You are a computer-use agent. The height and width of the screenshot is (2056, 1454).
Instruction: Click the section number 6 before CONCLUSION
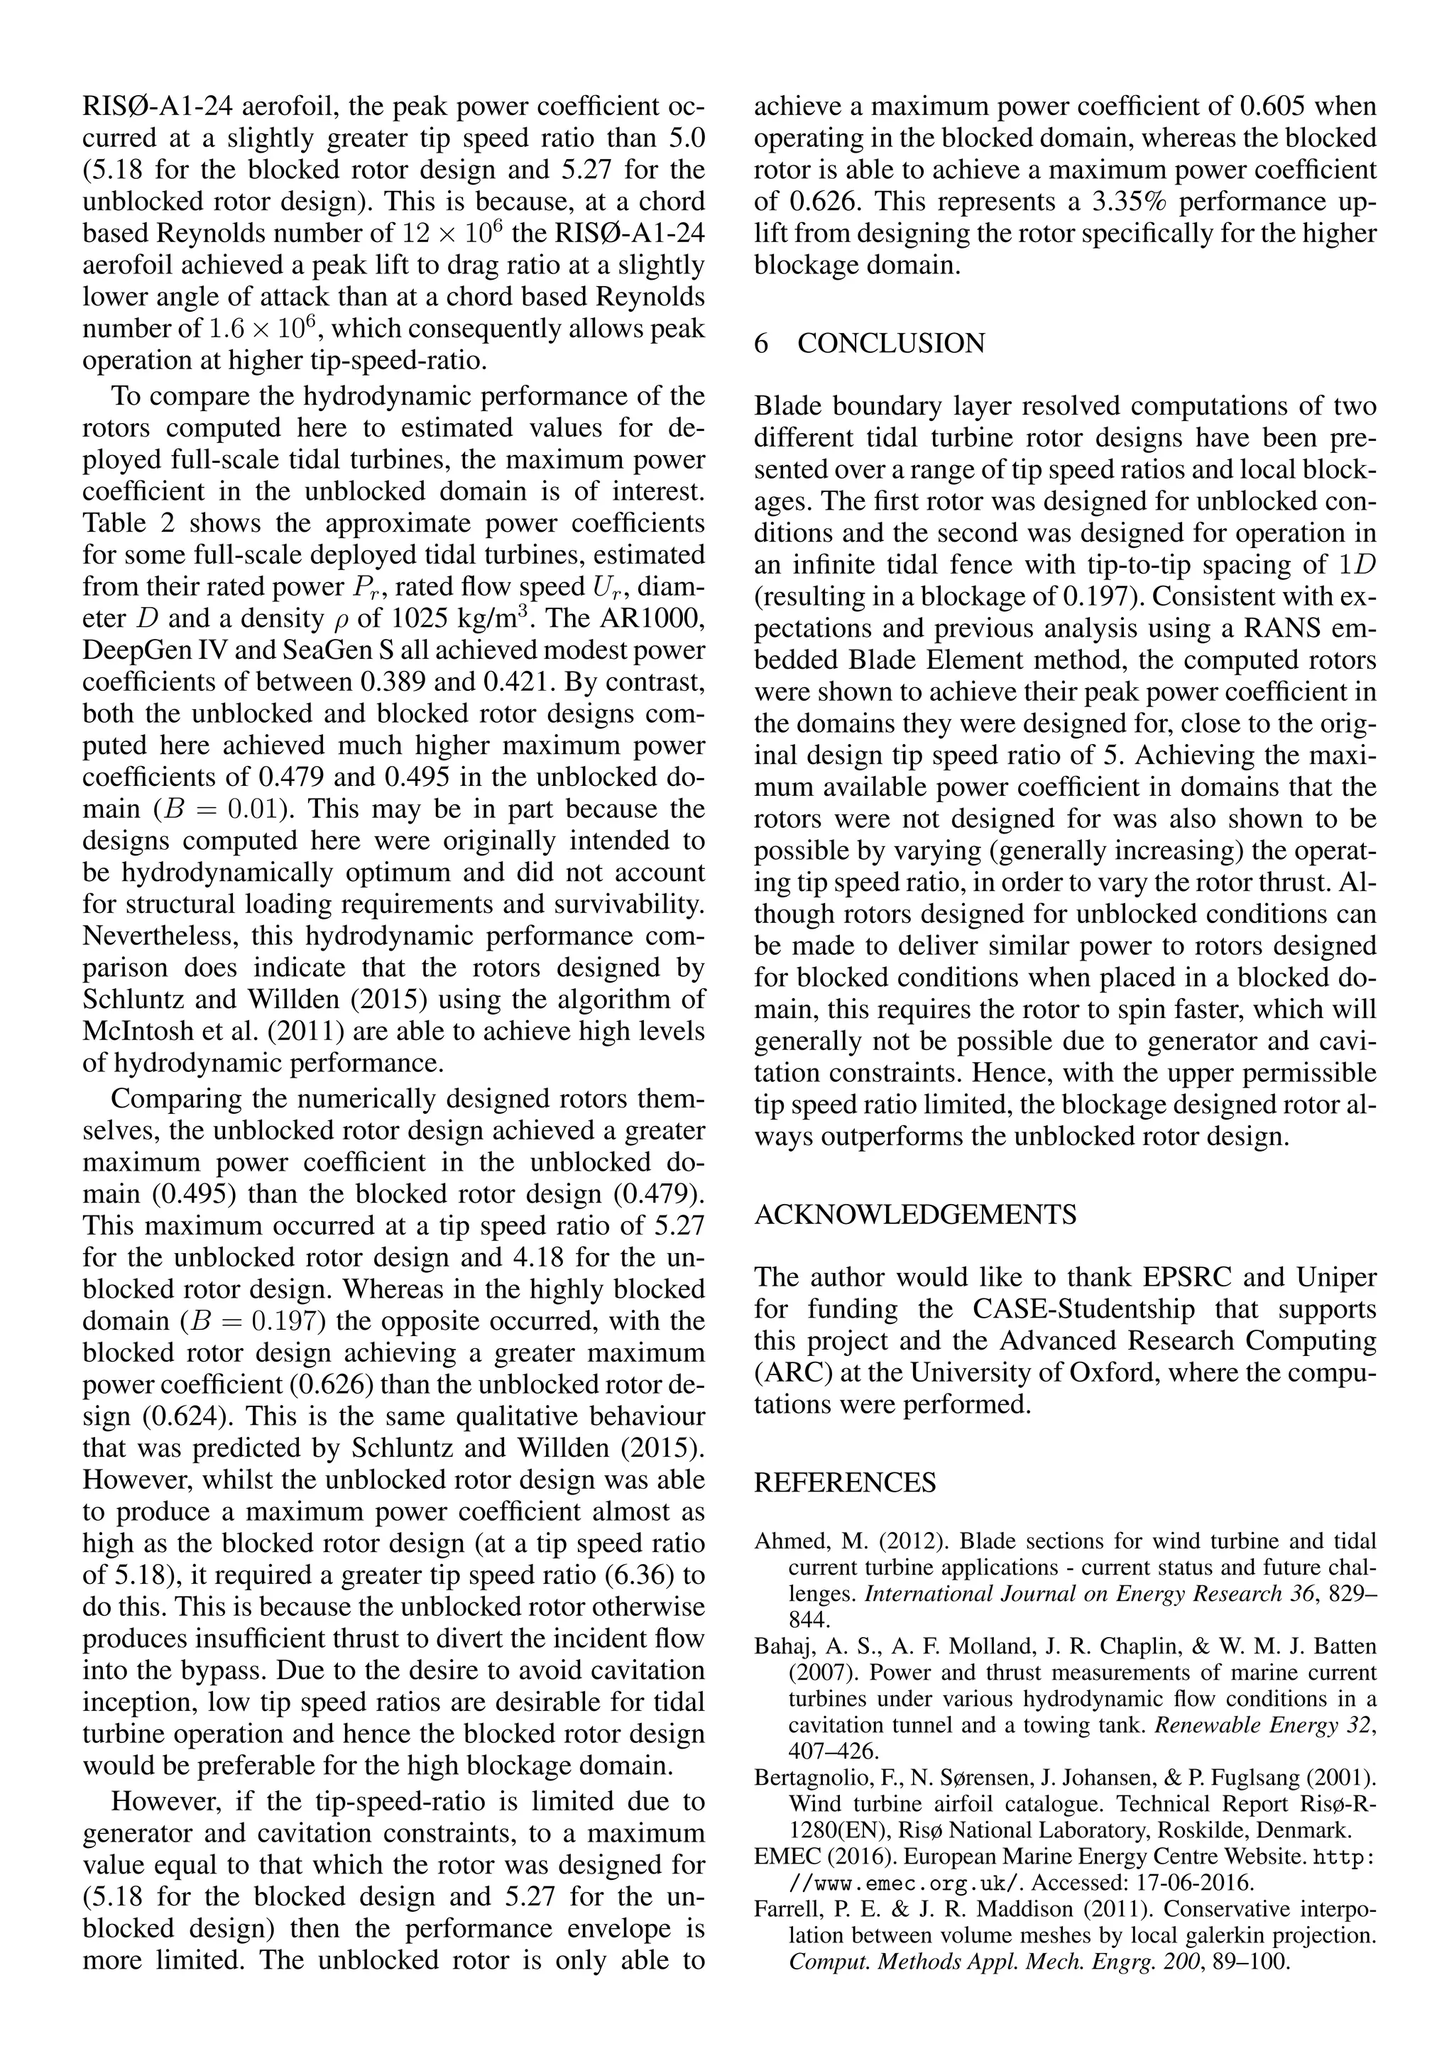pyautogui.click(x=762, y=344)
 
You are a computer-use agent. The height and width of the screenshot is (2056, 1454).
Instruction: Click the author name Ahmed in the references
pyautogui.click(x=785, y=1542)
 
